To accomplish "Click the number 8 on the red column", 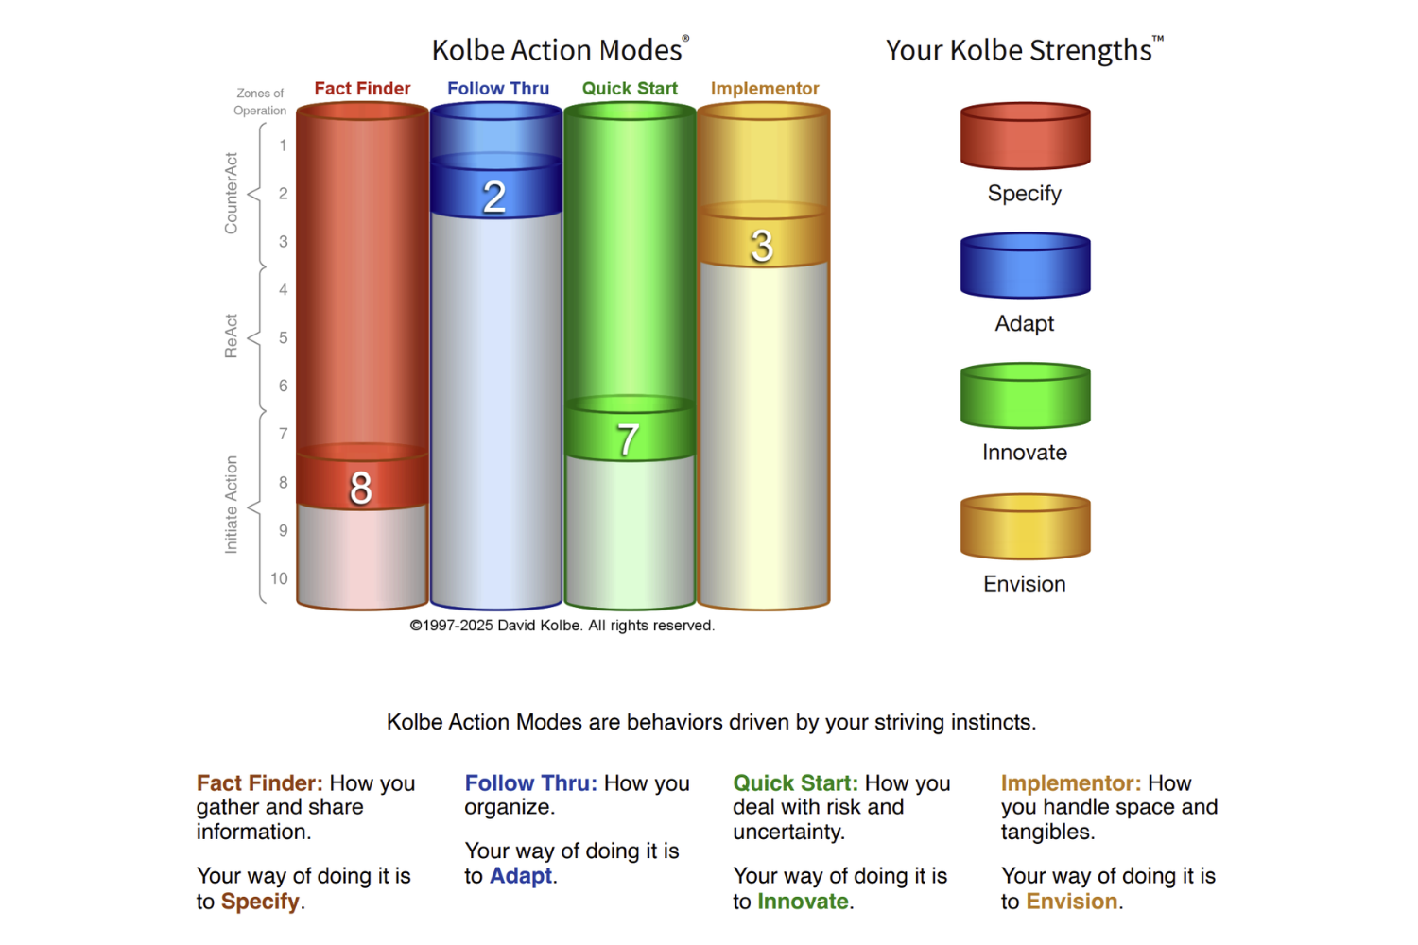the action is [x=361, y=488].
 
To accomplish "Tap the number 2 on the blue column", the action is [x=494, y=197].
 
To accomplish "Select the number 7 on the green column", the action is [x=628, y=439].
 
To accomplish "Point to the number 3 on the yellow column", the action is [x=762, y=246].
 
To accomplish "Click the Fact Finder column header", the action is [x=362, y=88].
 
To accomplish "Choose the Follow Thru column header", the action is [x=498, y=88].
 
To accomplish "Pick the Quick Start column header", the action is [x=630, y=88].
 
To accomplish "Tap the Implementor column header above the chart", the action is [x=765, y=88].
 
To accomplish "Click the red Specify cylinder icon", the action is [x=1026, y=136].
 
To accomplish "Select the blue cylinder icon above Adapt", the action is [x=1026, y=266].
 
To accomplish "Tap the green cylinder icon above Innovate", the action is [x=1026, y=396].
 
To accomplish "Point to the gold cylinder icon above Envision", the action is [x=1026, y=526].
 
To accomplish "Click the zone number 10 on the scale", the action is [x=279, y=578].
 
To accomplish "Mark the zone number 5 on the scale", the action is [x=283, y=337].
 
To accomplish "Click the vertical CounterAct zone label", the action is [x=231, y=193].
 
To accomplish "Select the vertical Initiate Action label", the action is [x=231, y=505].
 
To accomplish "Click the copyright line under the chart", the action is [x=562, y=626].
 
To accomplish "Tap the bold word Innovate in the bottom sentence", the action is [x=803, y=901].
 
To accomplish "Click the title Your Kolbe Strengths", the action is [x=1024, y=49].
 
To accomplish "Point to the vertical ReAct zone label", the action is [x=231, y=336].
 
